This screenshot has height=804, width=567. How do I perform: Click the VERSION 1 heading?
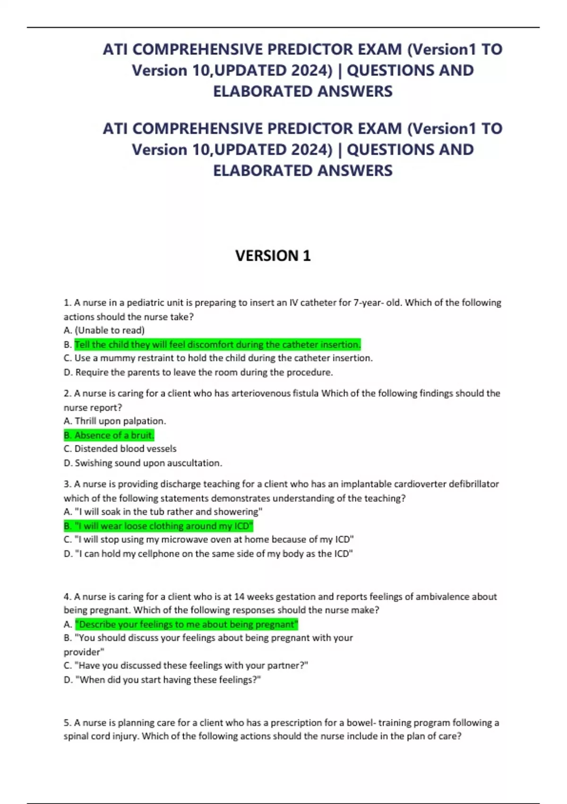coord(273,256)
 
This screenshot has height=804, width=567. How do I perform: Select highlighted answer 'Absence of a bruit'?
coord(109,435)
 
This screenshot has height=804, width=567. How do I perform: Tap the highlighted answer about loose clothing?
coord(159,526)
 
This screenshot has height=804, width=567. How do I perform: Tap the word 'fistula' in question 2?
coord(304,393)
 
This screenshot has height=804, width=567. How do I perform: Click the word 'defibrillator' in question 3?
coord(473,484)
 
